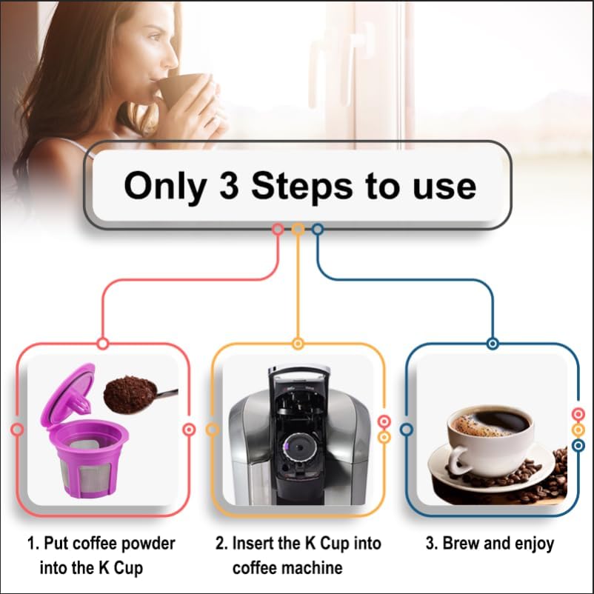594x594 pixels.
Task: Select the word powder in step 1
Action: pyautogui.click(x=144, y=544)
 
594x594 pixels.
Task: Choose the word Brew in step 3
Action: pyautogui.click(x=461, y=544)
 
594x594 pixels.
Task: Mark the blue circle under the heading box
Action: pyautogui.click(x=318, y=230)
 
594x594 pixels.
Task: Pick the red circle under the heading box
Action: pyautogui.click(x=278, y=230)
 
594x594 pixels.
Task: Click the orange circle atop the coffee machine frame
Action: pyautogui.click(x=298, y=344)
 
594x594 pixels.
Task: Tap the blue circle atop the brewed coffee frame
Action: pyautogui.click(x=493, y=344)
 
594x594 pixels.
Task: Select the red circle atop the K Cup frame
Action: pyautogui.click(x=103, y=344)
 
